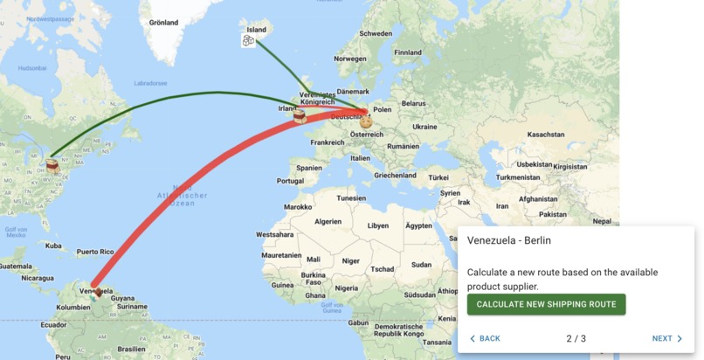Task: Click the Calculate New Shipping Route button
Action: (x=546, y=304)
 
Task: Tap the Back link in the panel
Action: (x=485, y=338)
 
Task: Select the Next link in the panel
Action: (x=667, y=338)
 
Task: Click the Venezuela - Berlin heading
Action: (x=509, y=240)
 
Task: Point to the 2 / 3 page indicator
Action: (x=576, y=338)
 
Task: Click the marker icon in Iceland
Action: (x=249, y=40)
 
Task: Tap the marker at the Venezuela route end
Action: (x=97, y=292)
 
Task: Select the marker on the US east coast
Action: (x=53, y=164)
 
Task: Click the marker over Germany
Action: (x=366, y=121)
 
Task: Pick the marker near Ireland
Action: (x=300, y=115)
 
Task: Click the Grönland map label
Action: (x=163, y=23)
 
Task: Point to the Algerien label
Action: (x=328, y=222)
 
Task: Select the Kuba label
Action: (x=55, y=246)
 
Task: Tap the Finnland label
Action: (x=408, y=52)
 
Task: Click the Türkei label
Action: (x=438, y=177)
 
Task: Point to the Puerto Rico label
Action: (x=95, y=252)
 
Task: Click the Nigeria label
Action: (x=346, y=288)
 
